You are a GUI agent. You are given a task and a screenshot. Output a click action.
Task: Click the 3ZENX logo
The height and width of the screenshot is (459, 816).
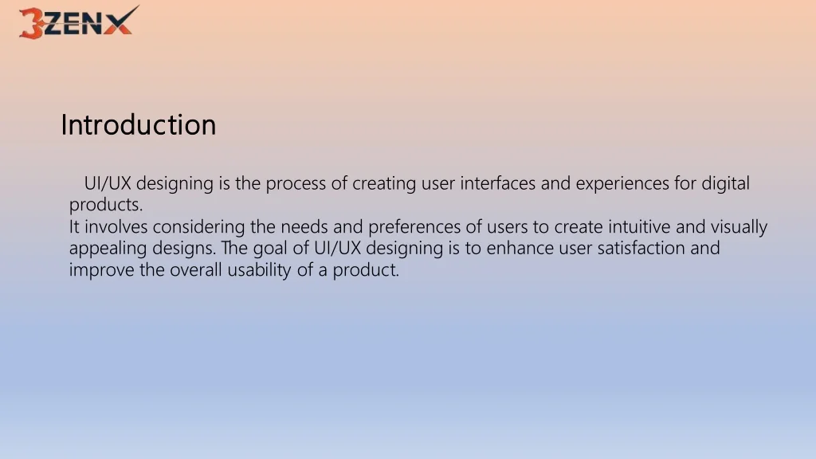(79, 22)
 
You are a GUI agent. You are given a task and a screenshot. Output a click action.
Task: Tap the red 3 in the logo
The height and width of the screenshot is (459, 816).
(31, 23)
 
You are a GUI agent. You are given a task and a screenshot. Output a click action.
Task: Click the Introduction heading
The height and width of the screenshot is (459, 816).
(139, 125)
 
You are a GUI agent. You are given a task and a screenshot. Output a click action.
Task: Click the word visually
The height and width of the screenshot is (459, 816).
(739, 228)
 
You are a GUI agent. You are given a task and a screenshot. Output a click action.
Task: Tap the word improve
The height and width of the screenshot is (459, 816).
(101, 271)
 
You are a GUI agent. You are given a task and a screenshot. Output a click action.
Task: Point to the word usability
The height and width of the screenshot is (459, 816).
(259, 271)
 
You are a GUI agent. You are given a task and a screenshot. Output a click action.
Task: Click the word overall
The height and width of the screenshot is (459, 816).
(196, 269)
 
